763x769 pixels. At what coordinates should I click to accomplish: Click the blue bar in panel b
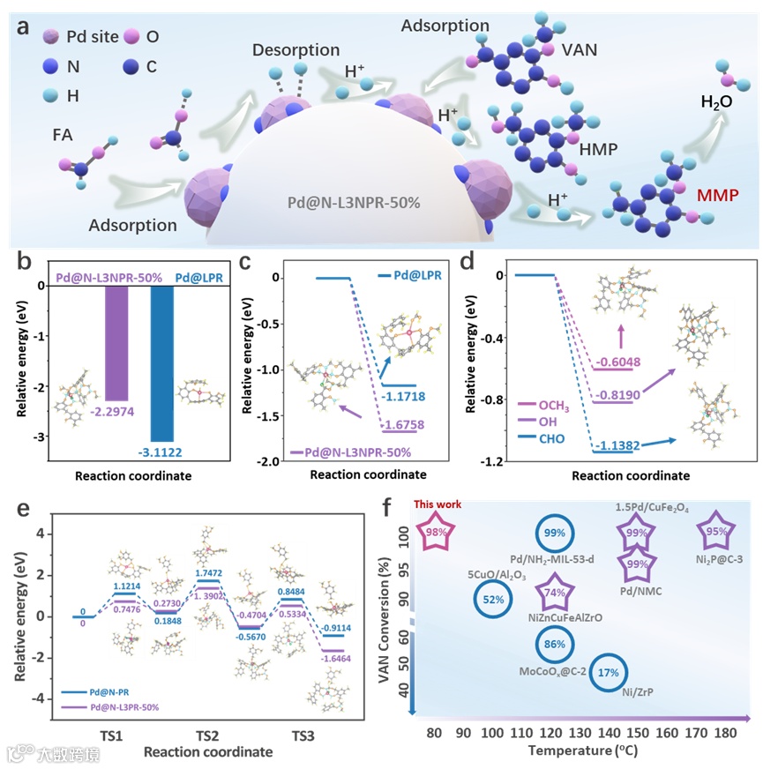coord(162,362)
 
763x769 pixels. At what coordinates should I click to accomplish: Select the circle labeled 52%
coord(493,600)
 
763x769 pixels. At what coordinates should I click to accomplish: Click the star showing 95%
coord(716,532)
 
